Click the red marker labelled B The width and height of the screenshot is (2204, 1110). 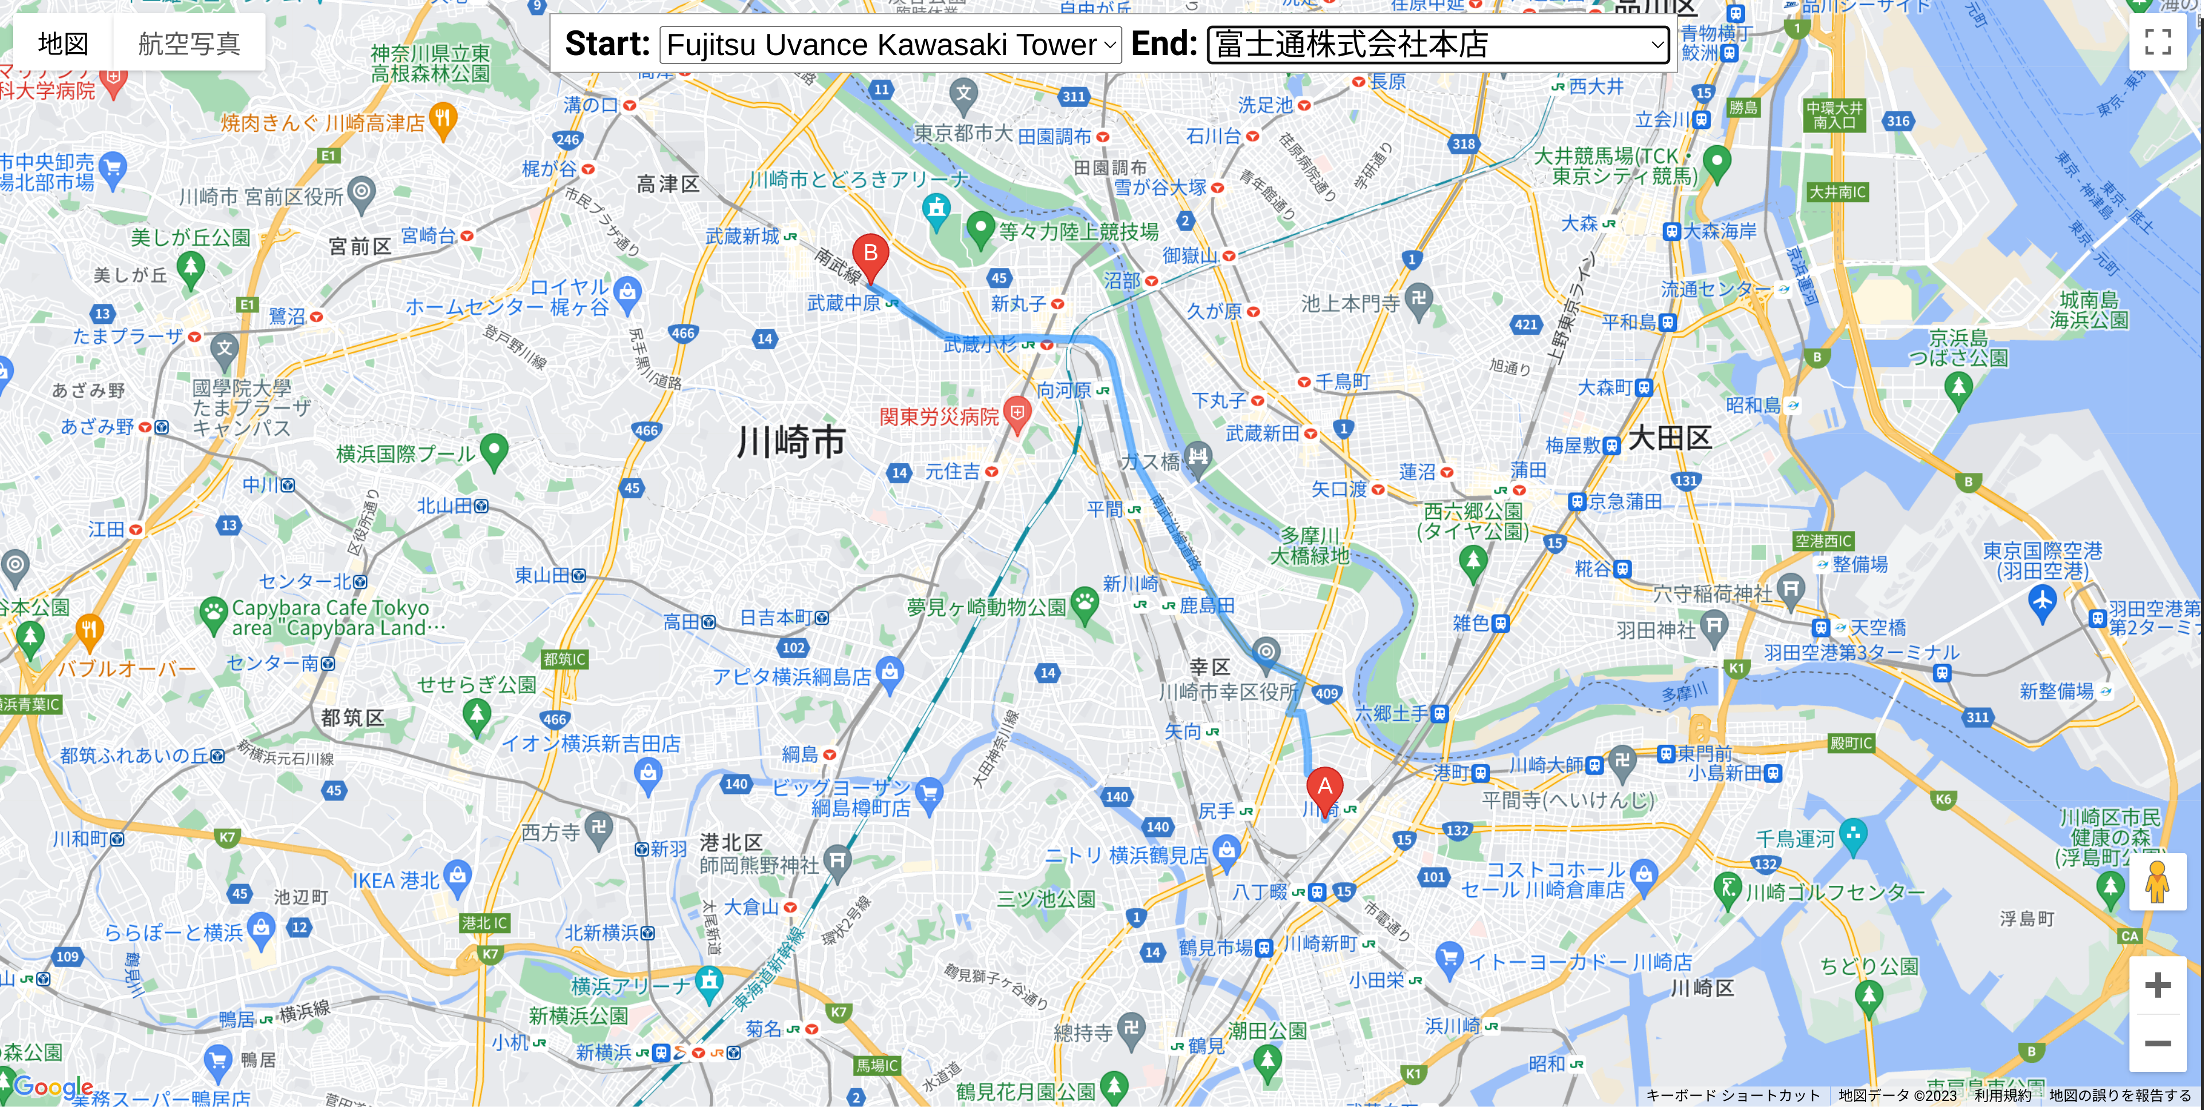click(x=870, y=255)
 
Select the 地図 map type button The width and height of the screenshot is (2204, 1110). click(x=63, y=43)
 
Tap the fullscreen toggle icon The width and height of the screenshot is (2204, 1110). click(x=2158, y=41)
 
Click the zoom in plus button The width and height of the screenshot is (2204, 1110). click(x=2157, y=985)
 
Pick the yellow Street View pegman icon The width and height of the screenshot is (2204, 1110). click(x=2157, y=882)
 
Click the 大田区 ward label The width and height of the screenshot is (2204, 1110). click(x=1669, y=438)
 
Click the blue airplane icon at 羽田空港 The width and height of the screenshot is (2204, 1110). click(x=2042, y=601)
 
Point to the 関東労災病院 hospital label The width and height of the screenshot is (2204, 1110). click(x=939, y=416)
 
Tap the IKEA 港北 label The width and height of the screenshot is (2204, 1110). click(x=395, y=880)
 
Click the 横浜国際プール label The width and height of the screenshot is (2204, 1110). click(x=405, y=454)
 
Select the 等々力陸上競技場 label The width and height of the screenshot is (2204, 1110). click(x=1078, y=231)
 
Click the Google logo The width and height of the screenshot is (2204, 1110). click(x=53, y=1086)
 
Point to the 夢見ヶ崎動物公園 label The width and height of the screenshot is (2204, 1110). click(x=986, y=607)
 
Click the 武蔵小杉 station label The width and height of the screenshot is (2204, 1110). click(x=981, y=345)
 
